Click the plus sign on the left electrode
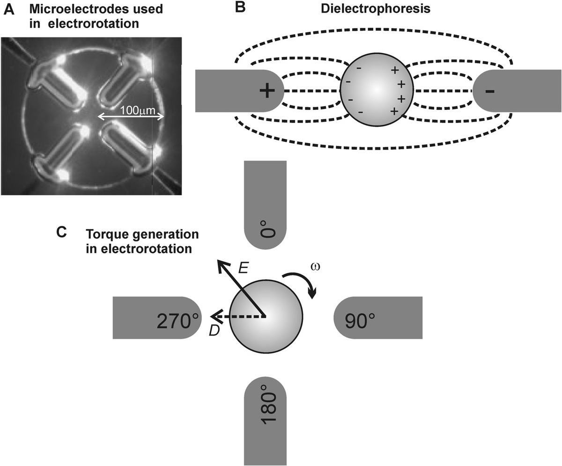266,91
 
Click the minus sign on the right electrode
490,91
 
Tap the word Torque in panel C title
104,233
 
